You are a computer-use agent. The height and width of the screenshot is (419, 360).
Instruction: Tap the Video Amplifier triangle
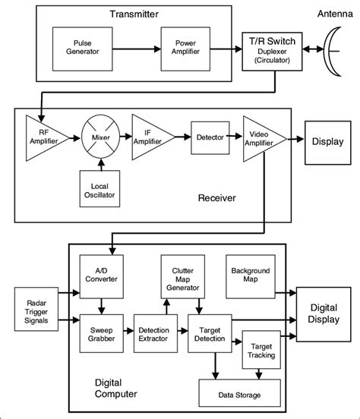tap(261, 138)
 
